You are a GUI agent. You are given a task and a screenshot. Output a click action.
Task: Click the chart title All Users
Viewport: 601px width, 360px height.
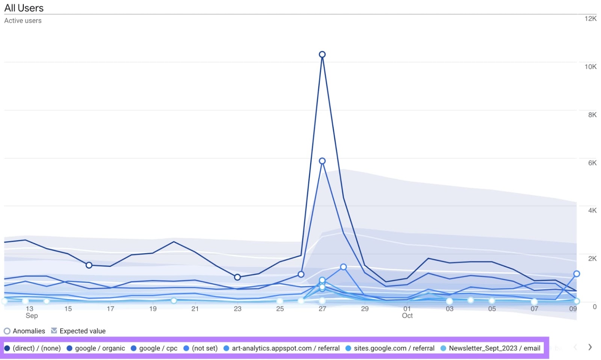24,8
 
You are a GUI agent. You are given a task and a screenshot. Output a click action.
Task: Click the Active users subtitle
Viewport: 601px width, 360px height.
23,21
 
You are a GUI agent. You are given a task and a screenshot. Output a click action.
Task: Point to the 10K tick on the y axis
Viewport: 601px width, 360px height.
590,67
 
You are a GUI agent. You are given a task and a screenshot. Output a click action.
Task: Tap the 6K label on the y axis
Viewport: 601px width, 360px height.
592,163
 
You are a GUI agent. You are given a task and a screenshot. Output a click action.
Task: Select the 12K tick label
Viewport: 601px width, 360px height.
590,19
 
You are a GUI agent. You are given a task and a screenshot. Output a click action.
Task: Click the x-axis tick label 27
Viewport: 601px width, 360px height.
322,309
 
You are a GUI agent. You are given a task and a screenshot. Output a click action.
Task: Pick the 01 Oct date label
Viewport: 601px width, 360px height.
407,312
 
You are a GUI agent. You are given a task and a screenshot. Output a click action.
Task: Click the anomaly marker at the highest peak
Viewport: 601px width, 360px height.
322,54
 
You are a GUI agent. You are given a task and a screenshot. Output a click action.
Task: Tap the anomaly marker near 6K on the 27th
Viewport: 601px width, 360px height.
322,161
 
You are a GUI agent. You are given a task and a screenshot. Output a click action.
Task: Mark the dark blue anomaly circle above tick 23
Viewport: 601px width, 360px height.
237,277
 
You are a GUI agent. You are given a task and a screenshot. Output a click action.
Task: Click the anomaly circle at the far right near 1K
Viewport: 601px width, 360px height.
577,274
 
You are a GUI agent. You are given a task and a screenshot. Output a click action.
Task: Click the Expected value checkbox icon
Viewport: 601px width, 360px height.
54,331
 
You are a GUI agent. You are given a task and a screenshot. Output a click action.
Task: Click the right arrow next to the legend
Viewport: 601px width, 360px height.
590,347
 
